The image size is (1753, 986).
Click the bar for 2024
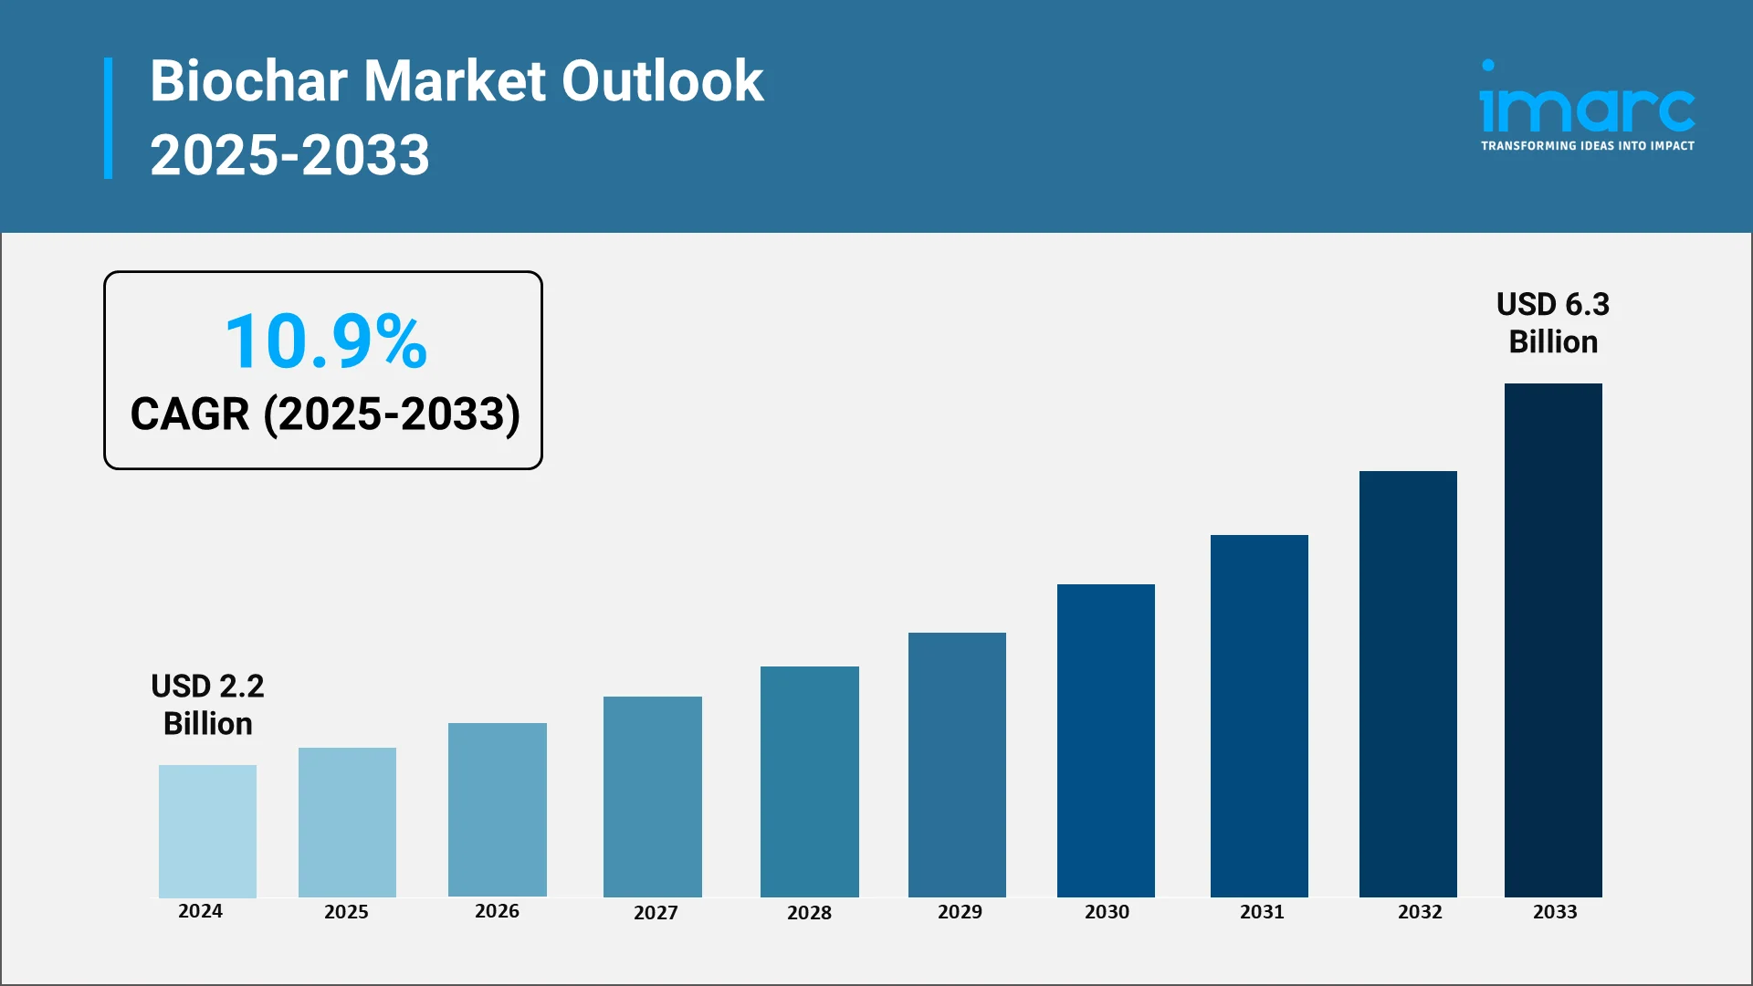tap(207, 831)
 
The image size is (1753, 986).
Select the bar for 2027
tap(652, 796)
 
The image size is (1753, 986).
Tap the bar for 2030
tap(1106, 740)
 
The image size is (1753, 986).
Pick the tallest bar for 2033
tap(1553, 640)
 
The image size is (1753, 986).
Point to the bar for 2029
tap(957, 764)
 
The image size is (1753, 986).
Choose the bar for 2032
tap(1408, 684)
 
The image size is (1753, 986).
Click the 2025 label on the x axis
tap(346, 912)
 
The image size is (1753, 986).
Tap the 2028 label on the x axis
tap(809, 913)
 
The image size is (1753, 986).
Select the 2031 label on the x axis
tap(1262, 912)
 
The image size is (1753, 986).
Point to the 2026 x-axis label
tap(497, 911)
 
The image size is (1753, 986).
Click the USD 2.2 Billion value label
tap(207, 705)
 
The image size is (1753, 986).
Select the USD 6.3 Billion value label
tap(1552, 323)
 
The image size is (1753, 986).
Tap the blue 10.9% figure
tap(326, 341)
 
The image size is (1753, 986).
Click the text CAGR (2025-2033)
tap(325, 414)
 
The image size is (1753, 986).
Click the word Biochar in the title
tap(248, 81)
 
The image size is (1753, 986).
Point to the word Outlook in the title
tap(662, 81)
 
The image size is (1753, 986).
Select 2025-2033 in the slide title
tap(289, 155)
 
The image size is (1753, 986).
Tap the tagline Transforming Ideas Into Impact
tap(1587, 146)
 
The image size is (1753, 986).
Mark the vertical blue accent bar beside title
tap(109, 118)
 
